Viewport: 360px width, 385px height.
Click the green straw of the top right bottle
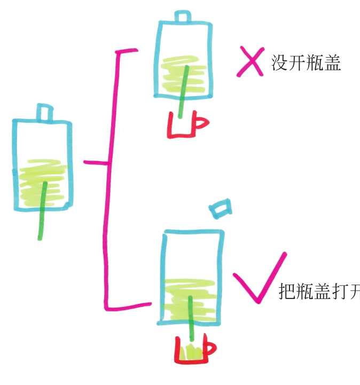coord(184,91)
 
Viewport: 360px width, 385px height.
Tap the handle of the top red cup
coord(201,123)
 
